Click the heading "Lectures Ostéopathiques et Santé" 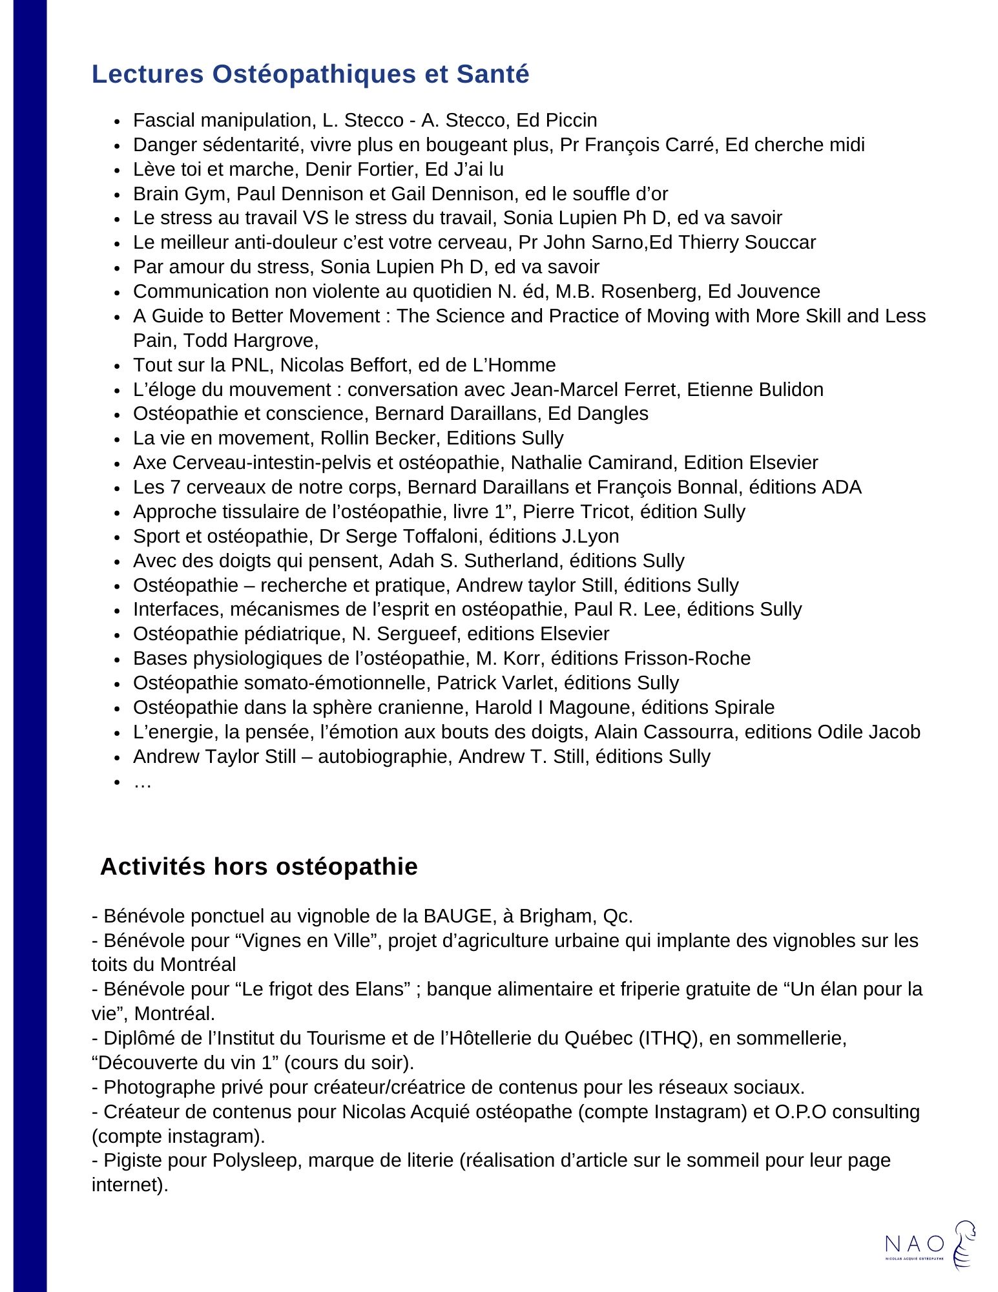click(310, 74)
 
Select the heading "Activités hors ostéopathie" click(258, 866)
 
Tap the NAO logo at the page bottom click(930, 1245)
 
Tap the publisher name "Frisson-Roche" click(687, 658)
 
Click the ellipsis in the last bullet click(142, 782)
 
